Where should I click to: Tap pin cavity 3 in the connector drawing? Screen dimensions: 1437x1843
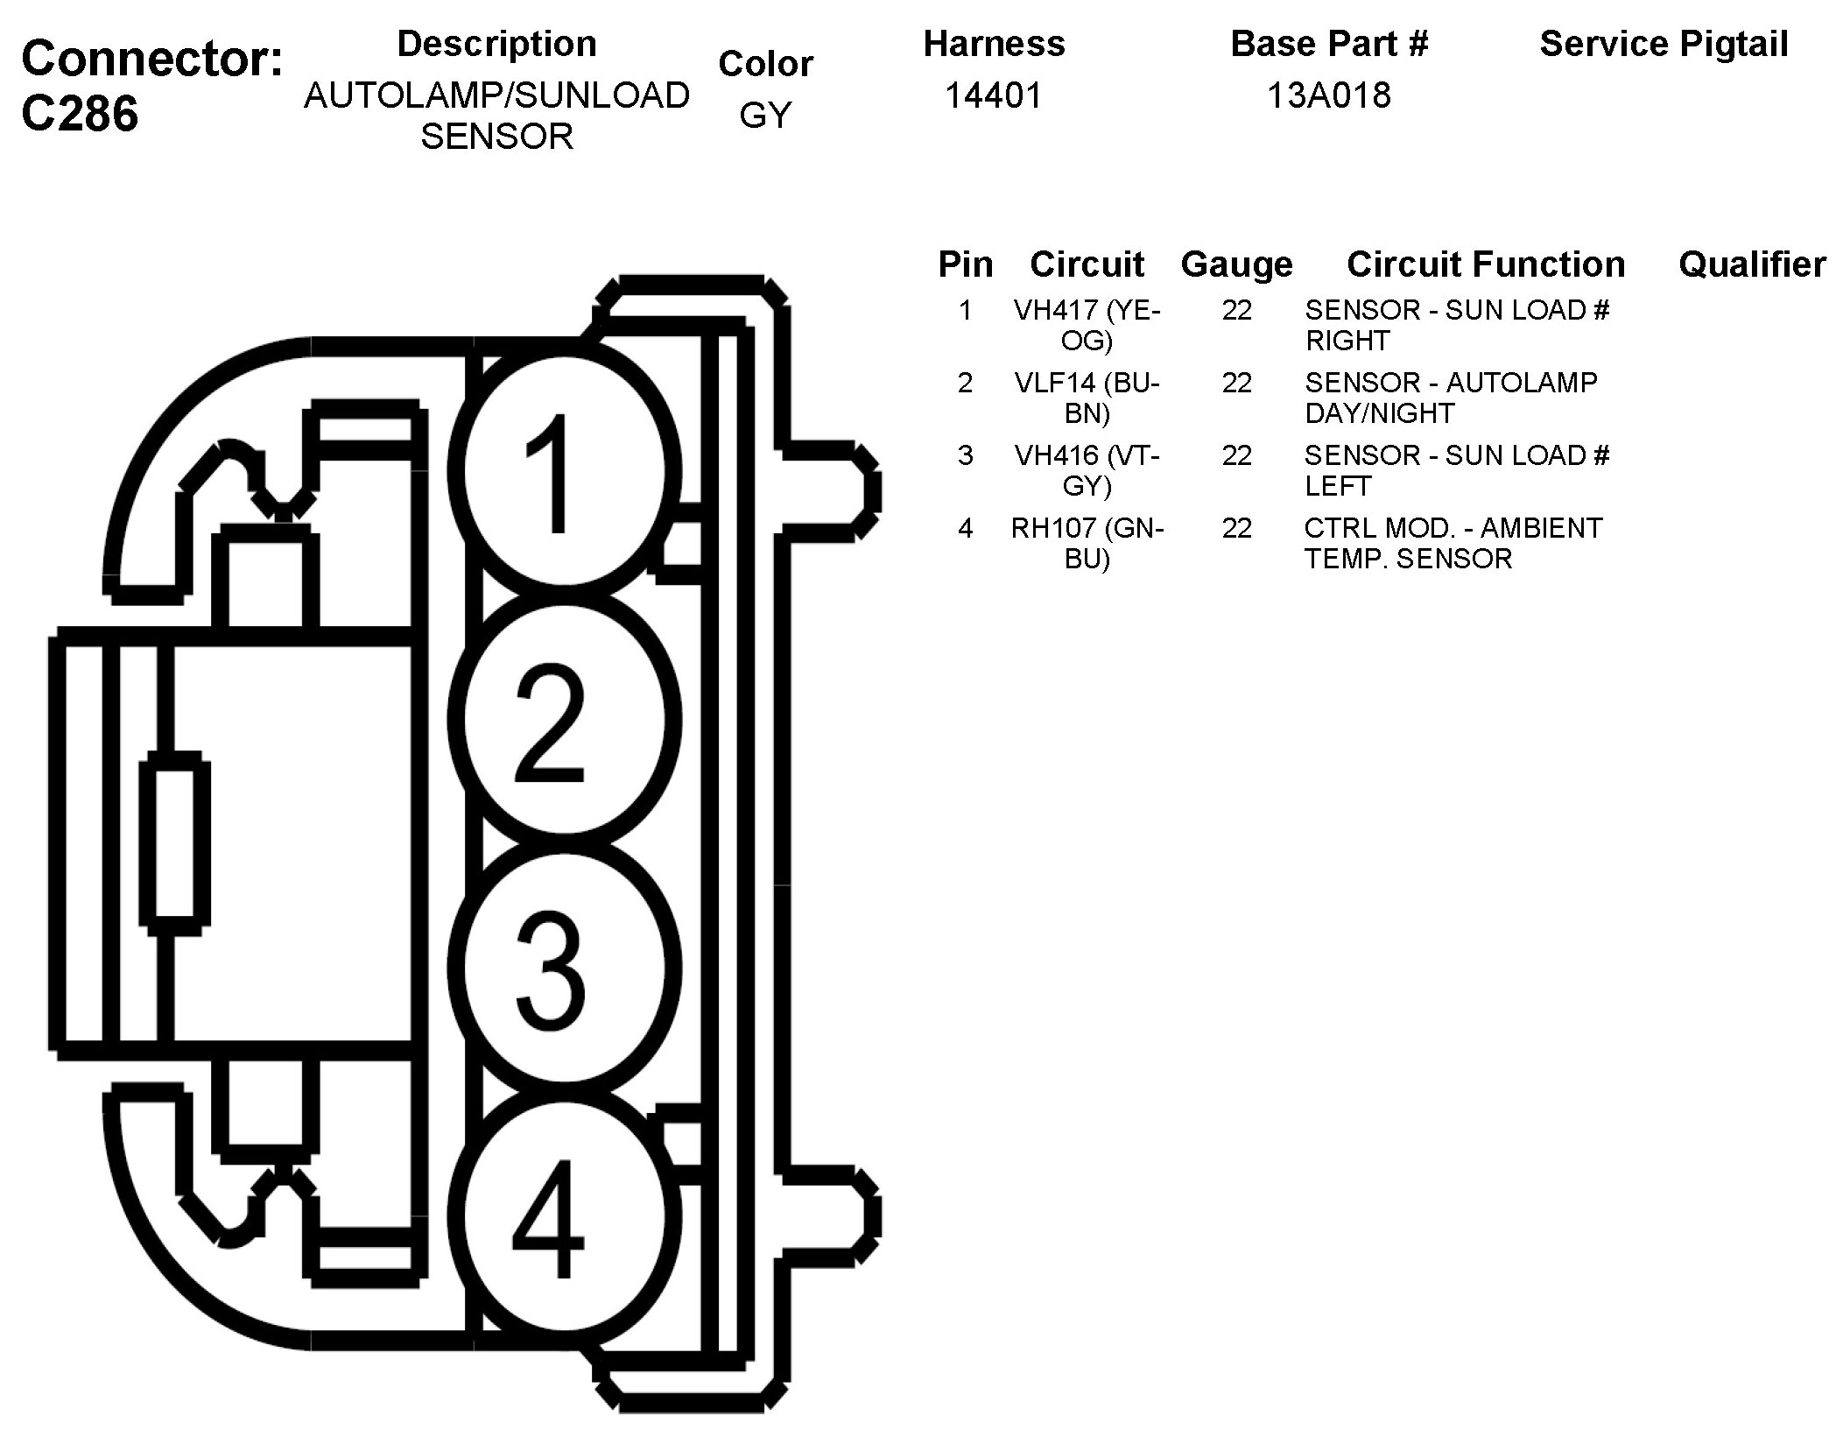(565, 969)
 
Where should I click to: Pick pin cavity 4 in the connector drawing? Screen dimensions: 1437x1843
(565, 1217)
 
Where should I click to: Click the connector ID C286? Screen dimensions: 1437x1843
(80, 114)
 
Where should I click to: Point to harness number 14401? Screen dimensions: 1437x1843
(994, 95)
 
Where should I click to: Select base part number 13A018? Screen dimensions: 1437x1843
(1328, 95)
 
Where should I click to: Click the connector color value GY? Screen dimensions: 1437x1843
(765, 116)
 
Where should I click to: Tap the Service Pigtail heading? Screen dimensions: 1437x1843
(1664, 44)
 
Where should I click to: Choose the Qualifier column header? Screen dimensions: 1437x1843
(1752, 264)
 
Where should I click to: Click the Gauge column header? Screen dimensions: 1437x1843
(1236, 264)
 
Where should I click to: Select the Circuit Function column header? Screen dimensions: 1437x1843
(1486, 264)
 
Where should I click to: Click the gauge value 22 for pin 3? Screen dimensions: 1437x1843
(1236, 455)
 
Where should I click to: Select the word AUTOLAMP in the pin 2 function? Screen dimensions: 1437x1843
(1522, 383)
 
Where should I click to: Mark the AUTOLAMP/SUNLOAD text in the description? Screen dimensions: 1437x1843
(496, 95)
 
